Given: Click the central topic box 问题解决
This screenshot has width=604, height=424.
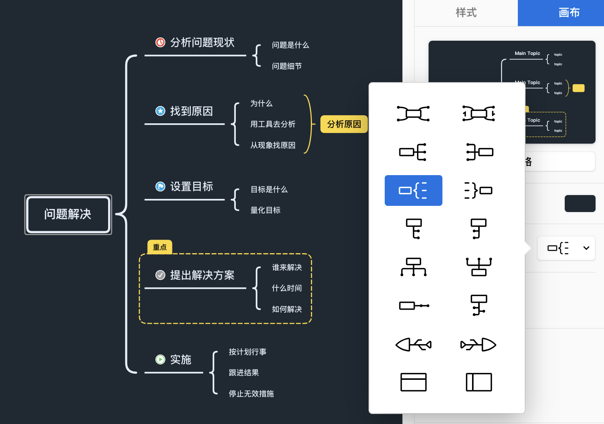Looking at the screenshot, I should [68, 214].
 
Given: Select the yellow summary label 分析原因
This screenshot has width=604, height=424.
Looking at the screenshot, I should [344, 124].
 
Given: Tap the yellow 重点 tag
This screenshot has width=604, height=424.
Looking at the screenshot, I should [160, 247].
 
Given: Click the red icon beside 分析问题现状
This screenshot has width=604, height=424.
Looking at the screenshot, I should [160, 42].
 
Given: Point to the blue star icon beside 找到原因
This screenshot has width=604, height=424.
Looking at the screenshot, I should [160, 111].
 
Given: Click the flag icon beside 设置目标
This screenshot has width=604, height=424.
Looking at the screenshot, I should [160, 187].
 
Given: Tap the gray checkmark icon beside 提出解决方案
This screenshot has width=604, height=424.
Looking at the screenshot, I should [160, 275].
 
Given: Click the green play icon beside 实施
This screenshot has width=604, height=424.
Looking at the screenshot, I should [160, 359].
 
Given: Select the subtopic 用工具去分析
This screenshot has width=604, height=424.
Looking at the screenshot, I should [273, 124].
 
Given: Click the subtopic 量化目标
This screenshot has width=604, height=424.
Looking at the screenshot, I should [265, 210].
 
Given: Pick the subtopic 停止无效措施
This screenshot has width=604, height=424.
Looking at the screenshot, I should [251, 394].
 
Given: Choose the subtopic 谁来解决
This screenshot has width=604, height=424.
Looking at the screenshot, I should [287, 267].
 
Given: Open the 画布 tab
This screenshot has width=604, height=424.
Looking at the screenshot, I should [569, 13].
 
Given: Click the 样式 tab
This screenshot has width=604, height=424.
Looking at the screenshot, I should [466, 13].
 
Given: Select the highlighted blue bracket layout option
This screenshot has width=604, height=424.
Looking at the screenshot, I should [413, 190].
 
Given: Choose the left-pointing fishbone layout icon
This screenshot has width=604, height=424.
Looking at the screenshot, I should [413, 344].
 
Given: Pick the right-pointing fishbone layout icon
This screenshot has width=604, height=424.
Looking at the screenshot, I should [479, 344].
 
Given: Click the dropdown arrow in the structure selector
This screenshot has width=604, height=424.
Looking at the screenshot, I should [586, 248].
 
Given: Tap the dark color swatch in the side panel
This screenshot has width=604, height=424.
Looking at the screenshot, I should [580, 204].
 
